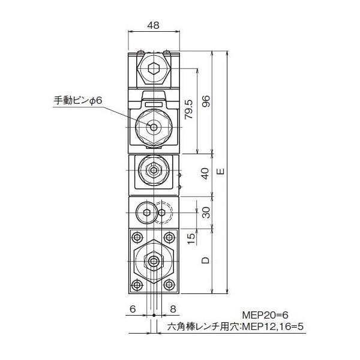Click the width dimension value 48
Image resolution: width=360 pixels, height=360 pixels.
tap(154, 25)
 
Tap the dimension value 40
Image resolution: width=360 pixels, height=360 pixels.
tap(205, 175)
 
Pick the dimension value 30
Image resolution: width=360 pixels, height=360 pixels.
tap(205, 213)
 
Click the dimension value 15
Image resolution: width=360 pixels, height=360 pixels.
tap(190, 238)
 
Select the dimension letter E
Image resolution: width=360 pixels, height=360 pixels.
tap(221, 172)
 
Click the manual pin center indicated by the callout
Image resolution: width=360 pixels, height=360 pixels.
tap(154, 127)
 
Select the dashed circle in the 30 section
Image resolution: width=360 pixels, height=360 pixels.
tap(164, 212)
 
